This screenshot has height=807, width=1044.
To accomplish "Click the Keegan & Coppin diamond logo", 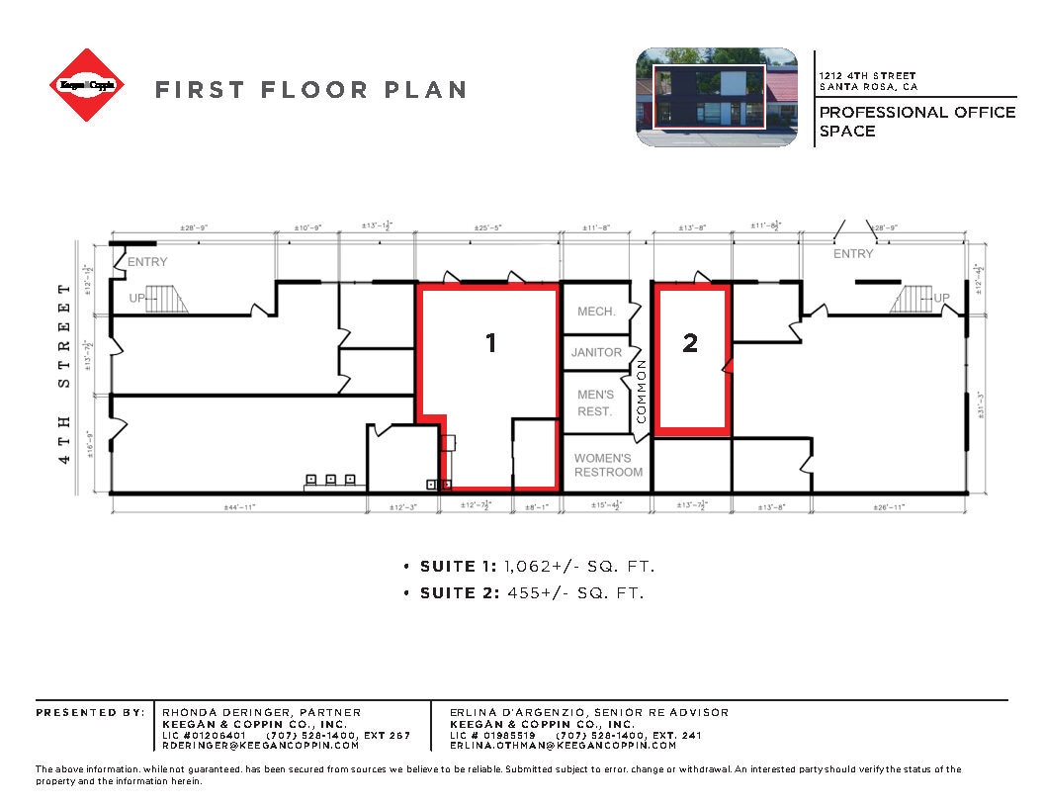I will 88,85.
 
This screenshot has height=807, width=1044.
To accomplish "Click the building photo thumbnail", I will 716,97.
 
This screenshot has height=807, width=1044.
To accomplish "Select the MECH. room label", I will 596,312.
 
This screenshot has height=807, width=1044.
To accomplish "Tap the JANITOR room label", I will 597,352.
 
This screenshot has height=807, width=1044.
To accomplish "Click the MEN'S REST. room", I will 595,403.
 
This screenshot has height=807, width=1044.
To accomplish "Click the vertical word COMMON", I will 641,392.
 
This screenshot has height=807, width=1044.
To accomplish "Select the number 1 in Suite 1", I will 490,343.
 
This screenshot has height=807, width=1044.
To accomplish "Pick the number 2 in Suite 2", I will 690,343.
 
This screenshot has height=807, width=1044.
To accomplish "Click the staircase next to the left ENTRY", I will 165,298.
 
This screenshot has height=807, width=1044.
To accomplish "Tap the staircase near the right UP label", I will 911,298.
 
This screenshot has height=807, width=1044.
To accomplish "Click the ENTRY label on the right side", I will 853,254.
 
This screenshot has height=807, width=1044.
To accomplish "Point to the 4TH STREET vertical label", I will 65,373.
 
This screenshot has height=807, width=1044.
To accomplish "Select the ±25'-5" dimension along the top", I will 488,228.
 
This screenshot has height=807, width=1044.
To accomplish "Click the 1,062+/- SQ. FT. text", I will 579,567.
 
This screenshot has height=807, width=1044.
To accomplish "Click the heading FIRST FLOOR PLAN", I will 310,90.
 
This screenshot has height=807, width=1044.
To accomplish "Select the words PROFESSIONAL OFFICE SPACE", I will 916,121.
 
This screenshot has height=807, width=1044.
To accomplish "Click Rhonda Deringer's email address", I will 260,745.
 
